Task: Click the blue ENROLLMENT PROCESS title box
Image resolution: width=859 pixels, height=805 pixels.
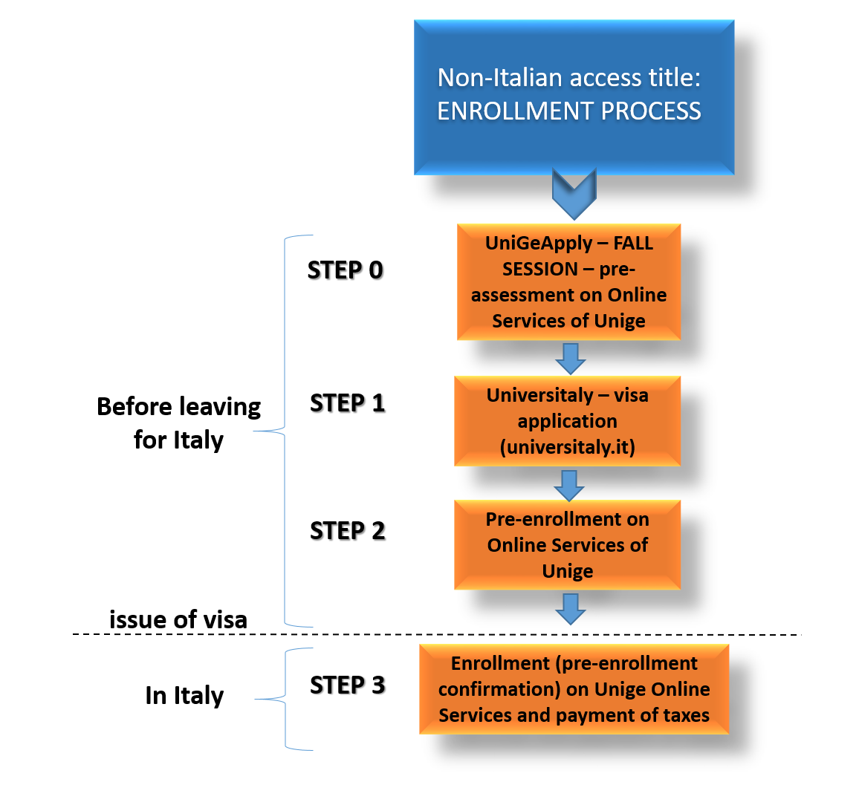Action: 574,97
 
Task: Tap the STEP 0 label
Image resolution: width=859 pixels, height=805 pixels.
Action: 346,270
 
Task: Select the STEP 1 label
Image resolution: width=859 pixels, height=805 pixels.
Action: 347,403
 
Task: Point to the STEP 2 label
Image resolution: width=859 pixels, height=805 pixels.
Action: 347,531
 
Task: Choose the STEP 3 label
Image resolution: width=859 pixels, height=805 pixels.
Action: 347,685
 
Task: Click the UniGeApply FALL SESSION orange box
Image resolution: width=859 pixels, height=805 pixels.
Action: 568,282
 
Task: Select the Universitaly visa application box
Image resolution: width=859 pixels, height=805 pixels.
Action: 567,421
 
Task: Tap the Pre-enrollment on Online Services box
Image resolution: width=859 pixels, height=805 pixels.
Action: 567,545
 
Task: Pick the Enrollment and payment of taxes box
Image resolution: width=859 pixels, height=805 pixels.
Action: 574,689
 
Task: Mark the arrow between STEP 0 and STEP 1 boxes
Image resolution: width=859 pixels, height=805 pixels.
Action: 571,359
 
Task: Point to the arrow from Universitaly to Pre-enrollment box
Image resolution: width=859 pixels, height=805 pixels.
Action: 569,485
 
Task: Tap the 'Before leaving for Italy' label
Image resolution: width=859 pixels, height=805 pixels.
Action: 179,423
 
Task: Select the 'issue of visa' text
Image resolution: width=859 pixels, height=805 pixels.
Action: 178,619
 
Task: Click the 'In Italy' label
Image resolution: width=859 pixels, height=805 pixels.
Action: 184,696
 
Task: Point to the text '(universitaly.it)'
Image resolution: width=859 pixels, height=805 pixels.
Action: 568,448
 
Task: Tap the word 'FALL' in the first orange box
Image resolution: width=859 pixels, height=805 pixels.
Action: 633,244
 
